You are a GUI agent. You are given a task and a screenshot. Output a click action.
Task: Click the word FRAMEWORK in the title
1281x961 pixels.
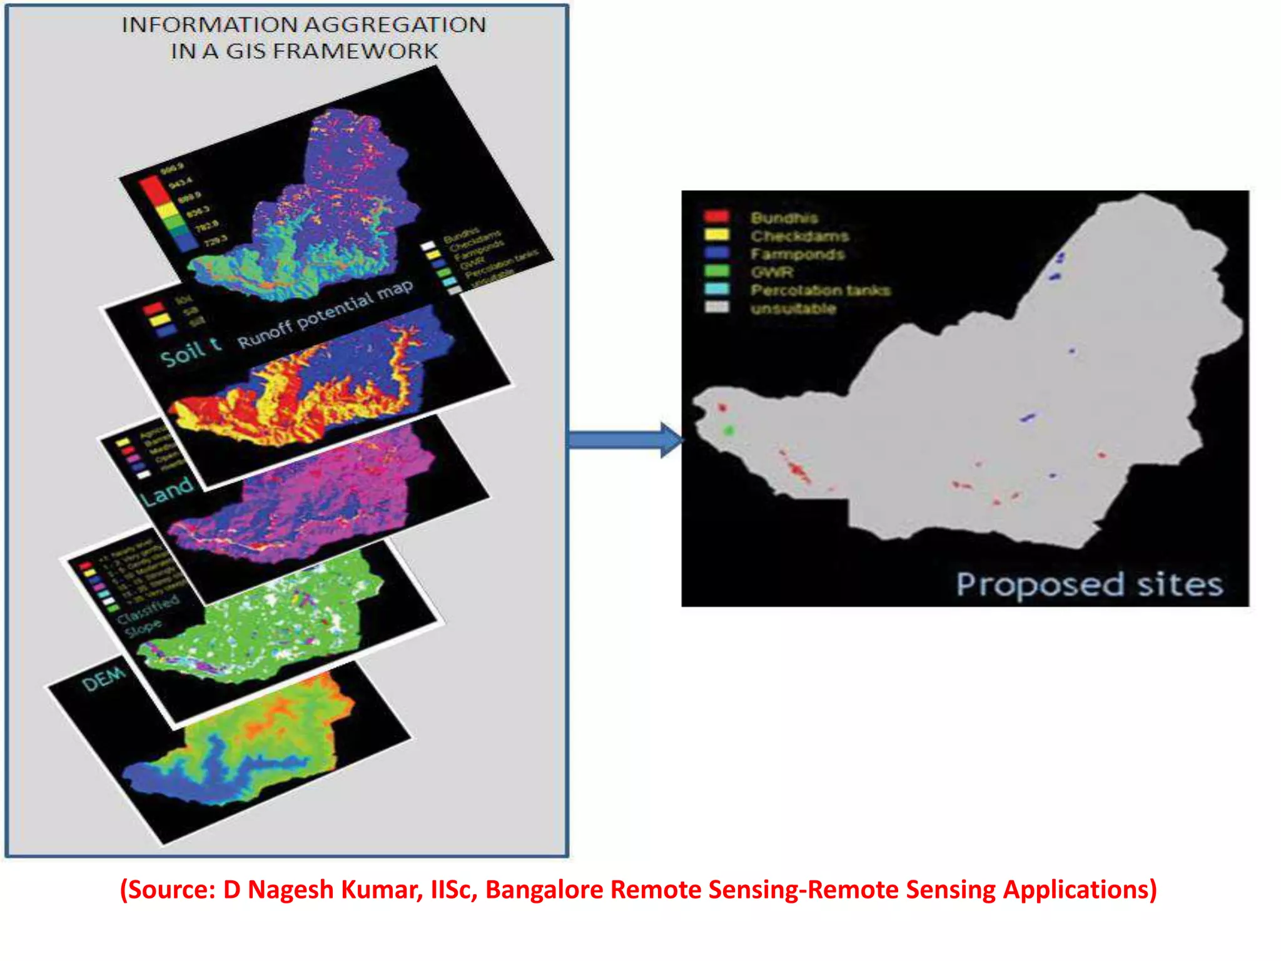[363, 51]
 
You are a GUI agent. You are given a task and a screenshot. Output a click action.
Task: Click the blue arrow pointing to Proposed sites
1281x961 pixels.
[625, 440]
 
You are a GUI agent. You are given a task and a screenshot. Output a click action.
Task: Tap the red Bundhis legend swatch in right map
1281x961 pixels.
[717, 217]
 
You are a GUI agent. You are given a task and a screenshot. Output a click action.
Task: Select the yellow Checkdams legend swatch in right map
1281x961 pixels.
[717, 235]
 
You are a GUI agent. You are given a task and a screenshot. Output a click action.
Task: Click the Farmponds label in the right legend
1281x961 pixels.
[797, 254]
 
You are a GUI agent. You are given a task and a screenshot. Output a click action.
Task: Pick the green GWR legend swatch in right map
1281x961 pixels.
[717, 271]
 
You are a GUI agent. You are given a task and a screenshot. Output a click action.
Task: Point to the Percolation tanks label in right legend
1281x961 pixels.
[820, 290]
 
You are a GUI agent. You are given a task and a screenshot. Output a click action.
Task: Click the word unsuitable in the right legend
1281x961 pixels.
[793, 308]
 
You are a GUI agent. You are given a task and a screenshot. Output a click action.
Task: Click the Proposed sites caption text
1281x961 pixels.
[1089, 585]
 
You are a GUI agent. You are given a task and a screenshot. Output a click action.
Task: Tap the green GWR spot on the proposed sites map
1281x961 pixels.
[729, 430]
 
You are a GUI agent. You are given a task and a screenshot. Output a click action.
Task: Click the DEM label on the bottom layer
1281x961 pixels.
[104, 679]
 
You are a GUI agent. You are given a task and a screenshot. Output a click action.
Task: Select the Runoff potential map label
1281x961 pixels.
[325, 314]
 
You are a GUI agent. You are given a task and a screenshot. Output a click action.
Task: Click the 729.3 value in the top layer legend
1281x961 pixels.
[216, 240]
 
